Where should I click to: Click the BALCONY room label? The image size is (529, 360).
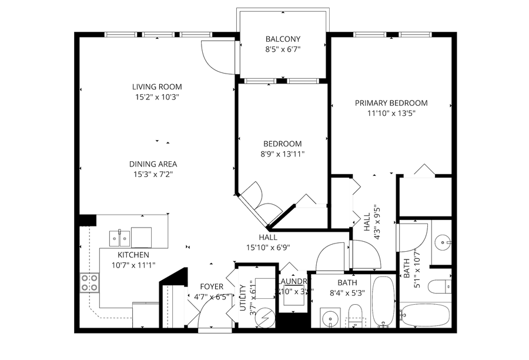pyautogui.click(x=282, y=39)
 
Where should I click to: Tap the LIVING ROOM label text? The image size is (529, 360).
pyautogui.click(x=156, y=86)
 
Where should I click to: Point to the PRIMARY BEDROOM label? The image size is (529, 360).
pyautogui.click(x=391, y=103)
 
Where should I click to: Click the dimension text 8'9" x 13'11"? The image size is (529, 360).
pyautogui.click(x=282, y=154)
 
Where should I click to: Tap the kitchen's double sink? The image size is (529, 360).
pyautogui.click(x=120, y=238)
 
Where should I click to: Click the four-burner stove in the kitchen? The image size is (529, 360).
pyautogui.click(x=89, y=283)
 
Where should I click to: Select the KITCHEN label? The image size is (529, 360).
pyautogui.click(x=133, y=255)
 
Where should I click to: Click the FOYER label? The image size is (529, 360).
pyautogui.click(x=211, y=286)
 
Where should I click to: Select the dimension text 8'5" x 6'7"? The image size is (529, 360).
pyautogui.click(x=282, y=50)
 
